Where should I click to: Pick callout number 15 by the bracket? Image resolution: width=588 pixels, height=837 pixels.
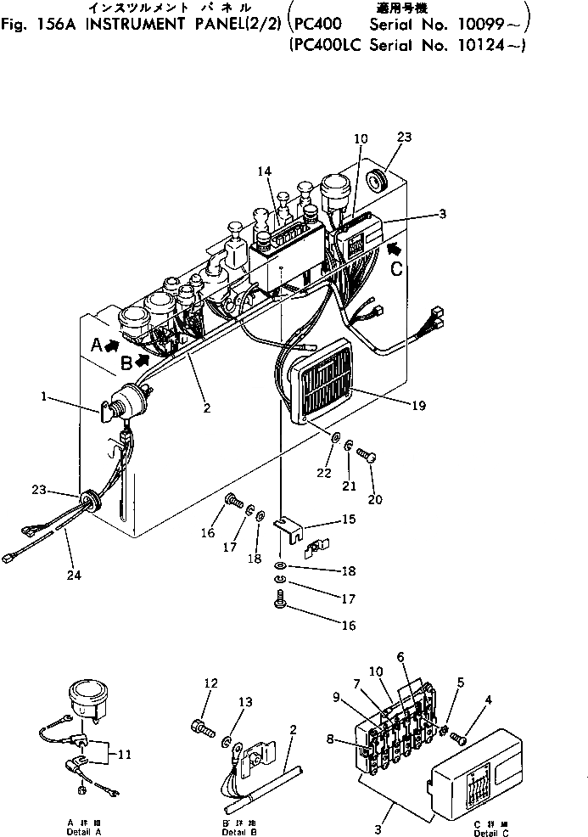click(x=348, y=519)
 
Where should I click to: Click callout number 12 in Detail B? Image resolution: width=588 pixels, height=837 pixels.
click(x=211, y=683)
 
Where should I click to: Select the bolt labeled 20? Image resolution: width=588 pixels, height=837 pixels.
click(x=367, y=457)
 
